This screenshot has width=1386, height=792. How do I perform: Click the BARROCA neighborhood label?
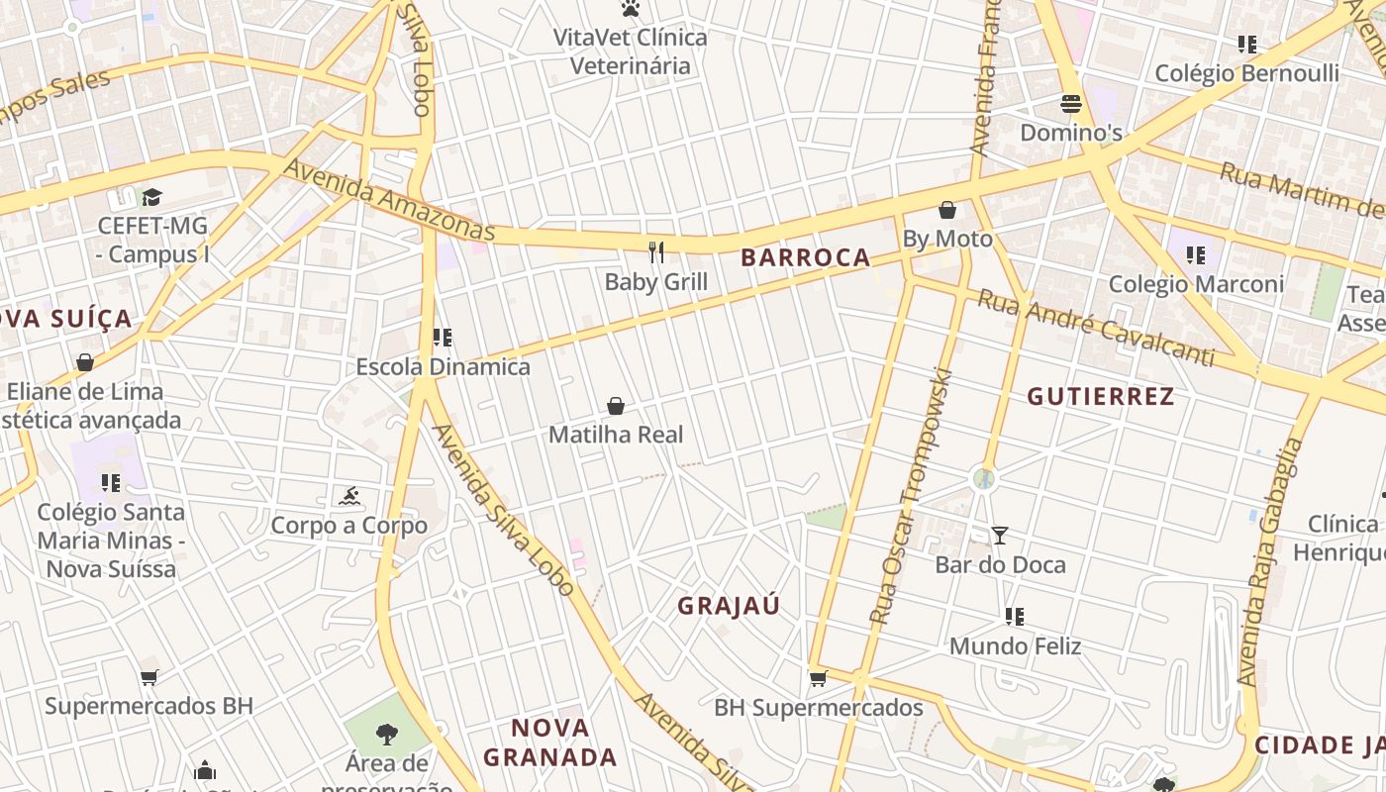(805, 257)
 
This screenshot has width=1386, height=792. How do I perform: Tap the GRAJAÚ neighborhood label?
(729, 606)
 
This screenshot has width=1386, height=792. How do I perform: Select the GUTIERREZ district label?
(1100, 397)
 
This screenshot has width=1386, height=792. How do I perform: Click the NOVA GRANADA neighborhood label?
(549, 742)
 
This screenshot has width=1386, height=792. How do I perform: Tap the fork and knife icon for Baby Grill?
(655, 251)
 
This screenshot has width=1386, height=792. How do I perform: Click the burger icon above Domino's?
(1070, 103)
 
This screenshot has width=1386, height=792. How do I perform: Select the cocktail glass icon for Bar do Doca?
(1000, 536)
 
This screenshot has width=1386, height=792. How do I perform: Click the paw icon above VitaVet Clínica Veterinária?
(630, 9)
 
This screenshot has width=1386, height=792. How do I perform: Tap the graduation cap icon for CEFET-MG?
(151, 197)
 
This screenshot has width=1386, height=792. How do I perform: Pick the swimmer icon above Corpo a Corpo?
(348, 496)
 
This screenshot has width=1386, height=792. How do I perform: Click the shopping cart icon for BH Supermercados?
(818, 678)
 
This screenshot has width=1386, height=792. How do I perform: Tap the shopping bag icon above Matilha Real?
(616, 406)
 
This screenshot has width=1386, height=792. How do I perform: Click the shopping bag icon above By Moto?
(946, 210)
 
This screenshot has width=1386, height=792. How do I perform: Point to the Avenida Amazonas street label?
(389, 200)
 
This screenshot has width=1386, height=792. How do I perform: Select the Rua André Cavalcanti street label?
(1095, 328)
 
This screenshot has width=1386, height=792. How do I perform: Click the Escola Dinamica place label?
(443, 367)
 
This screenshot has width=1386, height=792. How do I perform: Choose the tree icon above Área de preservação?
(387, 734)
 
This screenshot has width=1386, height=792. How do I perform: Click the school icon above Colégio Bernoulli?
(1246, 45)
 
